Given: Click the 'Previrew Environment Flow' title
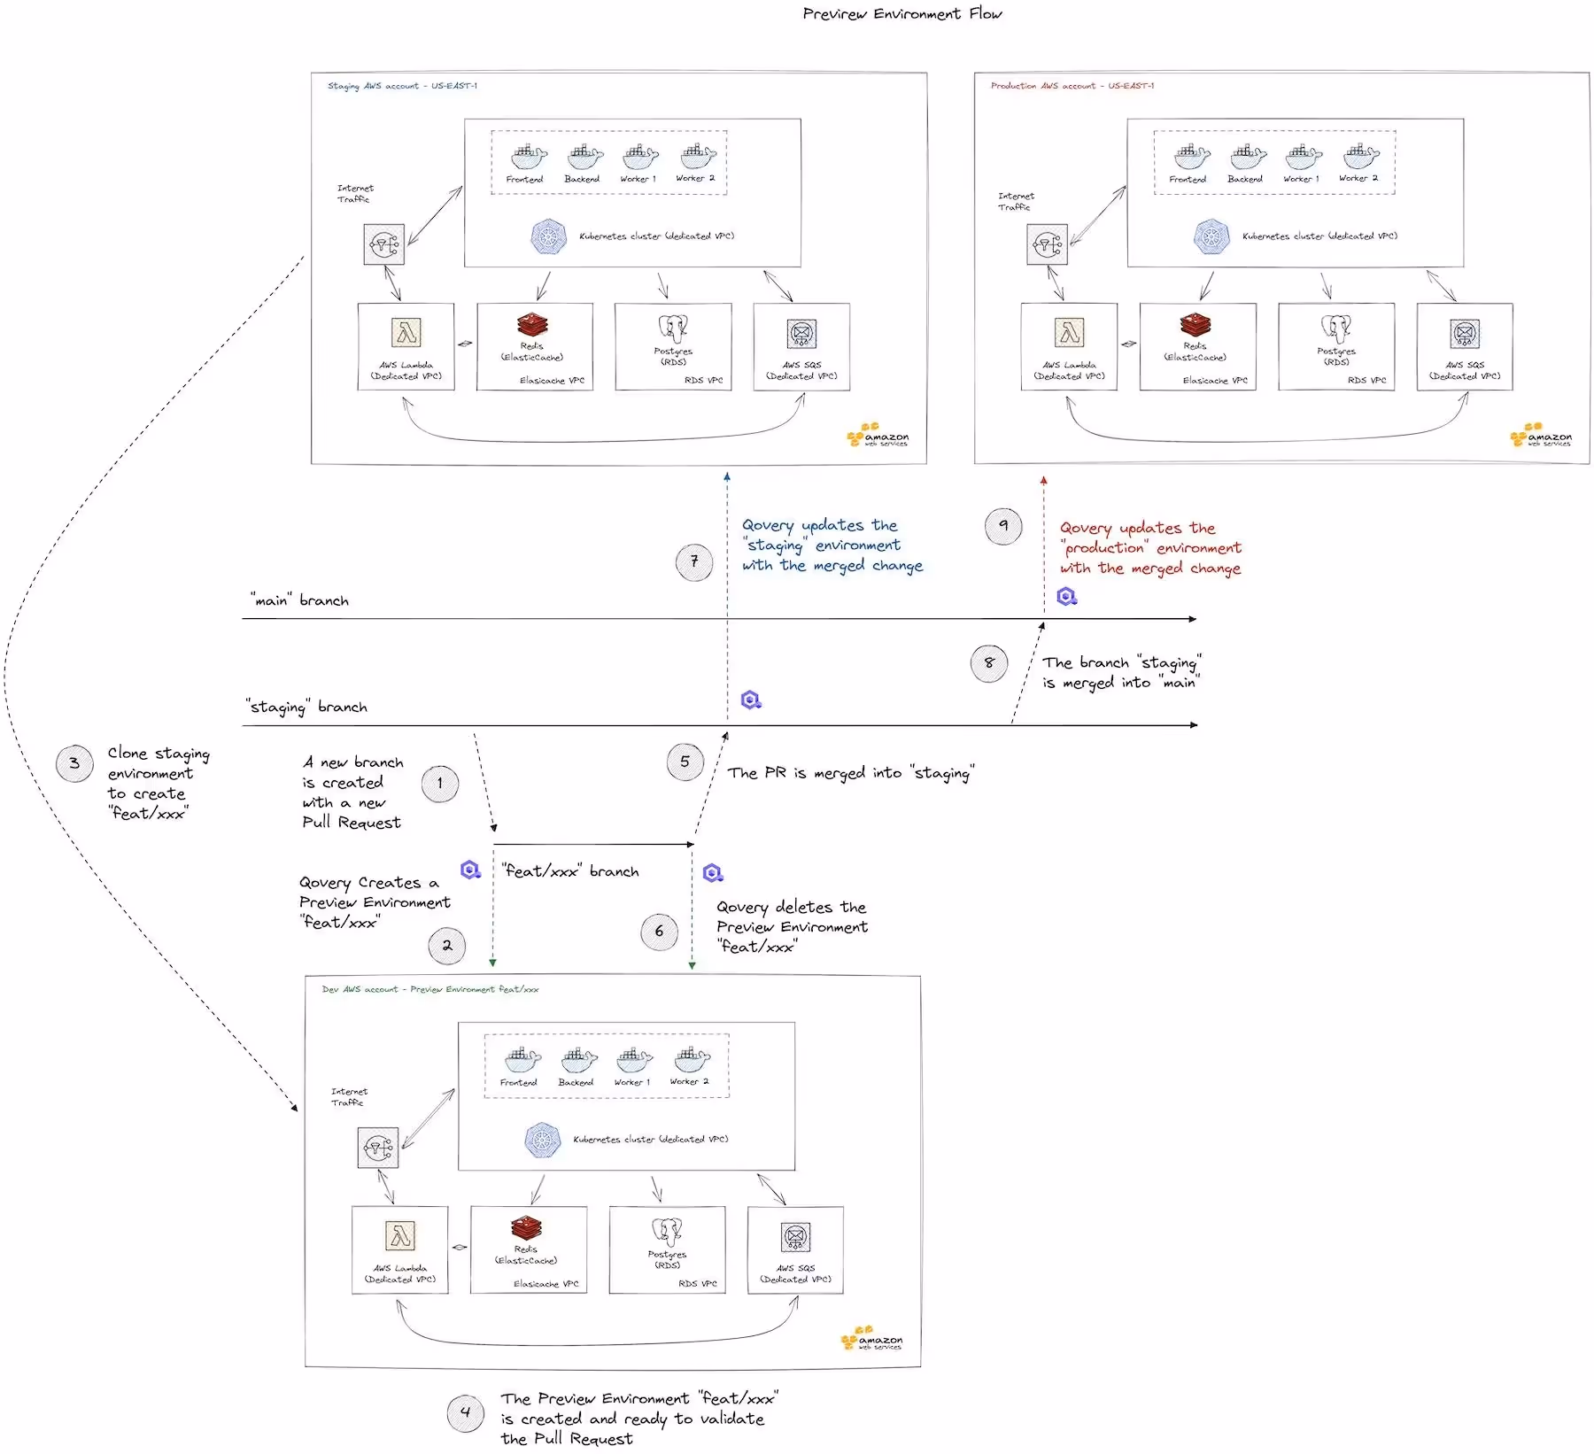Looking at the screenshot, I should tap(901, 13).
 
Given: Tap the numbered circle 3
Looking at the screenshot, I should tap(74, 763).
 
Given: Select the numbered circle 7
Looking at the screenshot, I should tap(694, 561).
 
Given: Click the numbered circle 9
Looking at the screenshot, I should tap(1003, 526).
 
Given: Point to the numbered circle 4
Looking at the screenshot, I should tap(466, 1413).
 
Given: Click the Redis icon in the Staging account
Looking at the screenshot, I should tap(532, 325).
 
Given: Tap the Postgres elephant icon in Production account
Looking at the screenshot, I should tap(1335, 329).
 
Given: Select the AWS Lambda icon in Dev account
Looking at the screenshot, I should tap(400, 1235).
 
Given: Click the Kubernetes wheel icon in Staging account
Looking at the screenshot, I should tap(549, 236).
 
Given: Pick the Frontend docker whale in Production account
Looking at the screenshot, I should tap(1191, 158).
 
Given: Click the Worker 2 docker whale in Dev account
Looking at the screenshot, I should tap(692, 1060).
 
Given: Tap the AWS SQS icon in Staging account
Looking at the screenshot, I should tap(801, 334).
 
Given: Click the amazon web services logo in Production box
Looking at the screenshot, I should tap(1542, 435).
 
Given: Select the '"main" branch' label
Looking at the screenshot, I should tap(299, 600).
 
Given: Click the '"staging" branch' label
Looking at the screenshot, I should tap(306, 707).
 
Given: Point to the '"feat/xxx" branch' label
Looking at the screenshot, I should tap(570, 871).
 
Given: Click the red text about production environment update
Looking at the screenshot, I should tap(1150, 548).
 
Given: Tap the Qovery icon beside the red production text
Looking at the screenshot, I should tap(1067, 597).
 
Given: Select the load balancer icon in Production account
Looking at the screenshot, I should tap(1047, 244).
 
